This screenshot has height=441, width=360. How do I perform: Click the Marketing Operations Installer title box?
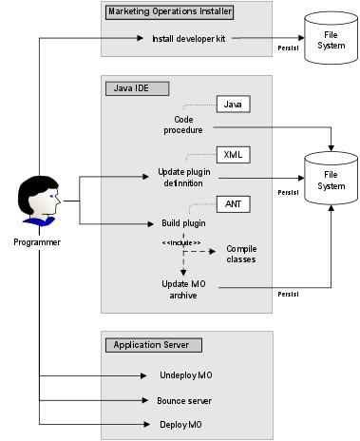tap(169, 12)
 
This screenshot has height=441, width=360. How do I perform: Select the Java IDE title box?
tap(135, 88)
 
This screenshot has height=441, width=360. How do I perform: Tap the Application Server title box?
tap(149, 344)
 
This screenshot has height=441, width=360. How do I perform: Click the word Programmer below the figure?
tap(38, 243)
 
